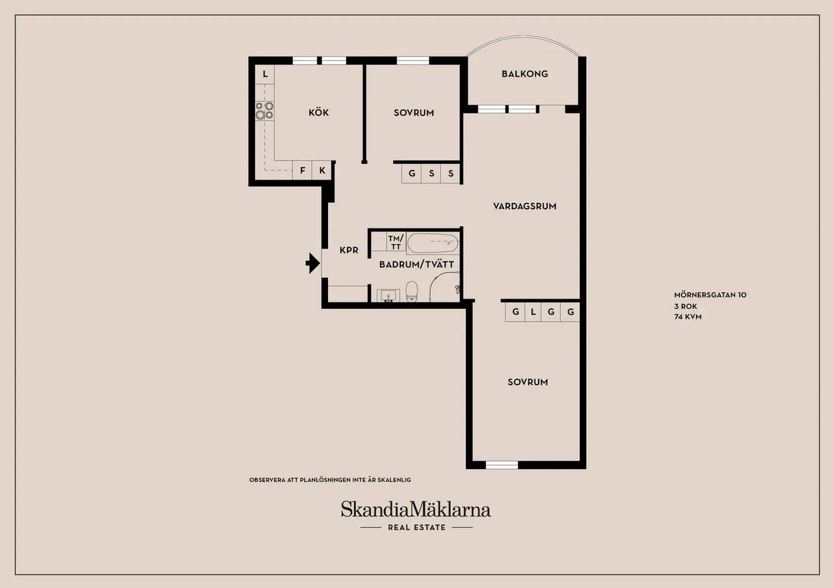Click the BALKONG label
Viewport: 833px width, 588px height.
pos(525,74)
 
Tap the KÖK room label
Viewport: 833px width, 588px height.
pos(319,113)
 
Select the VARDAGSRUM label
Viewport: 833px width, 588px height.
pos(525,206)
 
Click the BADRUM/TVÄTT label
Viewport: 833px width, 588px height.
pos(416,265)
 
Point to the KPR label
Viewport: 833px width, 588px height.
pos(349,250)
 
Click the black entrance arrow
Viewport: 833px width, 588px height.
pos(313,263)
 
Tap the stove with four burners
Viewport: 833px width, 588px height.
pos(264,111)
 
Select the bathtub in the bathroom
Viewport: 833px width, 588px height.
pos(433,243)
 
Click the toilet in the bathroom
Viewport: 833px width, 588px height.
pos(411,291)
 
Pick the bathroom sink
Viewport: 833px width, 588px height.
pos(389,296)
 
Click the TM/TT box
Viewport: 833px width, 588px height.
pos(396,243)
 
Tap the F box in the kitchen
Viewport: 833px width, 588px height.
pos(303,170)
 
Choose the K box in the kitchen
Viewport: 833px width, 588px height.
pos(322,170)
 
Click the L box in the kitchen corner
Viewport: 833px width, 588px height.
pos(265,74)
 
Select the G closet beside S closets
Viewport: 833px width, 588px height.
pos(412,174)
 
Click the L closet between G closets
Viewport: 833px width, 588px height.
pos(533,312)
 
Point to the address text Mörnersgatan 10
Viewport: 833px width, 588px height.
pos(710,295)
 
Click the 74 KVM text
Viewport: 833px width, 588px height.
pos(688,317)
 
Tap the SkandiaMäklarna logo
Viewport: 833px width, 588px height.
pos(416,509)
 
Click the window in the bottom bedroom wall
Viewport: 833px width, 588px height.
pos(502,465)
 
